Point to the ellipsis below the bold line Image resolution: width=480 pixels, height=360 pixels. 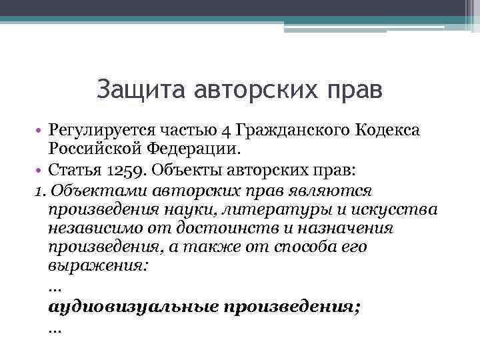[x=55, y=329]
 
